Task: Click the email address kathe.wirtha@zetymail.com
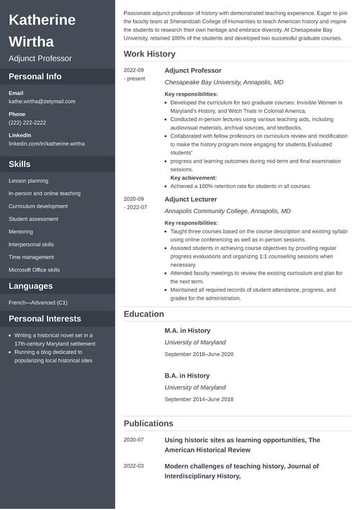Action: pyautogui.click(x=42, y=102)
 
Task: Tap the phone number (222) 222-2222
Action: pyautogui.click(x=27, y=122)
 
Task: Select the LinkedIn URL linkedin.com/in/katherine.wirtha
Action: pyautogui.click(x=46, y=143)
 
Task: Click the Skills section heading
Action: pyautogui.click(x=19, y=164)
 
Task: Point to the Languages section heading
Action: pyautogui.click(x=30, y=286)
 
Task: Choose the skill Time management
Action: pyautogui.click(x=31, y=257)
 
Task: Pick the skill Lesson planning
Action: pyautogui.click(x=28, y=181)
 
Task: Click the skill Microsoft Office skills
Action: pyautogui.click(x=34, y=270)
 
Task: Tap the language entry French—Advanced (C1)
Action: pyautogui.click(x=37, y=303)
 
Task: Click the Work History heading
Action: pyautogui.click(x=149, y=54)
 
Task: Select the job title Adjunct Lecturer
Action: pyautogui.click(x=191, y=199)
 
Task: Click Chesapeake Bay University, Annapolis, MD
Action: pyautogui.click(x=223, y=83)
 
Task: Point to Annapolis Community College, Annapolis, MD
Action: pyautogui.click(x=227, y=211)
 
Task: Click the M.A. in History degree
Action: pyautogui.click(x=187, y=330)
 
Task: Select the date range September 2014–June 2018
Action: pyautogui.click(x=199, y=399)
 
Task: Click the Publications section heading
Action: pyautogui.click(x=148, y=424)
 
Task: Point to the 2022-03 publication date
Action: pyautogui.click(x=134, y=466)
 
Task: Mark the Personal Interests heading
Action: pyautogui.click(x=45, y=318)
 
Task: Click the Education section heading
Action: pyautogui.click(x=144, y=314)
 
